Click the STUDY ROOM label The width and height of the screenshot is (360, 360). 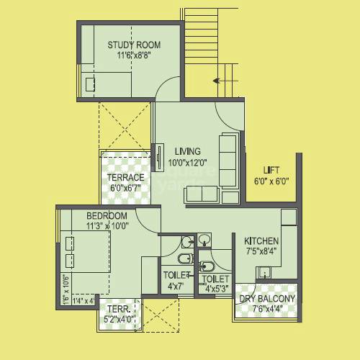pos(134,45)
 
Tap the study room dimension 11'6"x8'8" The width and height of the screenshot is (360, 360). pos(134,54)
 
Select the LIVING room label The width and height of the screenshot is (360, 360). pos(187,151)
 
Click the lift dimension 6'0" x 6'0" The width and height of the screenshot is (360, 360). pos(271,181)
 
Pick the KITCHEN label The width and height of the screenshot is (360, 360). pos(262,240)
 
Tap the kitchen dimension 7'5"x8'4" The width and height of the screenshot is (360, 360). pos(262,251)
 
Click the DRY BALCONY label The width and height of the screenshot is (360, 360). pos(266,299)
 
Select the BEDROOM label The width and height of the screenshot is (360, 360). pos(107,216)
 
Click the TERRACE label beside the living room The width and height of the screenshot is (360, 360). pos(126,178)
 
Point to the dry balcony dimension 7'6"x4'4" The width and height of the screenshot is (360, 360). pos(266,309)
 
